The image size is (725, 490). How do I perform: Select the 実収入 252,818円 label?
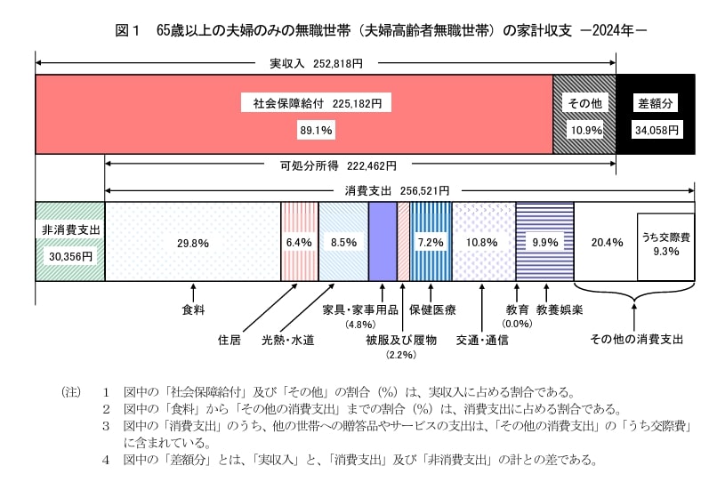(321, 64)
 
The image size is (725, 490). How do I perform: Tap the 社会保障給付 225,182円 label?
(318, 103)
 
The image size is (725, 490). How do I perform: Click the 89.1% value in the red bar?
(316, 130)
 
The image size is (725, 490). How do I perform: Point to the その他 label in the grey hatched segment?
(585, 103)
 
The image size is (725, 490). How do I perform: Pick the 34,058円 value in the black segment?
(657, 130)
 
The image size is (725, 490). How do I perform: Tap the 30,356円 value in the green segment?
(70, 255)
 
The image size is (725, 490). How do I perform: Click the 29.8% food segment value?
(193, 242)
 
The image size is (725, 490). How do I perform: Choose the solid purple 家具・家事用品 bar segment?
(383, 241)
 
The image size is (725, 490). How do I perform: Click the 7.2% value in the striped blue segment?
(431, 242)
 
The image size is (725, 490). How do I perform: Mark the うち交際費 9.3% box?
(665, 245)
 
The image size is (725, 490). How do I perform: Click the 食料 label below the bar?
(193, 310)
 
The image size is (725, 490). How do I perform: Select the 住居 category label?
(230, 340)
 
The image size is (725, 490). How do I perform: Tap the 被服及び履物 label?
(400, 340)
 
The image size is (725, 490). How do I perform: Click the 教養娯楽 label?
(560, 310)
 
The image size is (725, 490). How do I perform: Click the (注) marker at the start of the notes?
(71, 391)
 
